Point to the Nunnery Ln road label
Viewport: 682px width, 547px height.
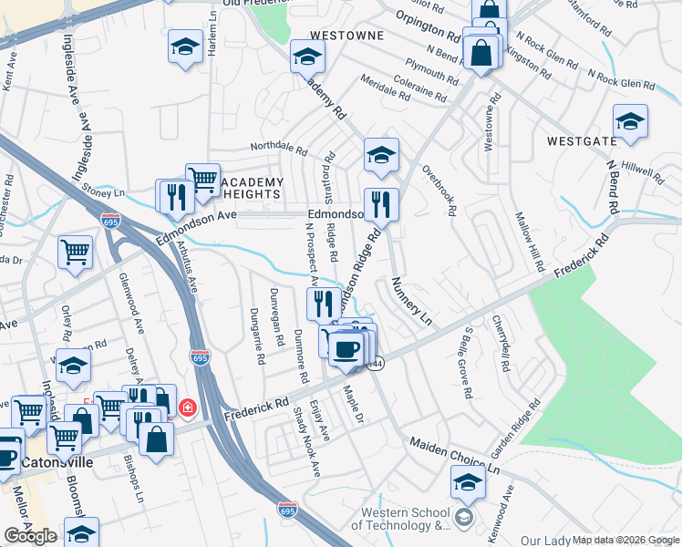(411, 301)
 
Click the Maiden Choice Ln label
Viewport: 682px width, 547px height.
(455, 456)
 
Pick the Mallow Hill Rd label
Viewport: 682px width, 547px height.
(530, 243)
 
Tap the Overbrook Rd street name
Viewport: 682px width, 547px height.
(439, 190)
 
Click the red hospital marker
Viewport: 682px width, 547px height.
(187, 408)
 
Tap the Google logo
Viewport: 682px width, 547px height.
(30, 536)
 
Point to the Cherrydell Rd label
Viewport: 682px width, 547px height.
(501, 343)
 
